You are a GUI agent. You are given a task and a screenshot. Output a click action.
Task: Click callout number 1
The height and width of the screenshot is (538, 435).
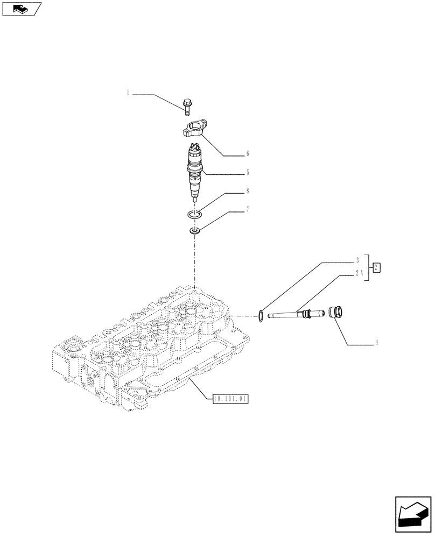pyautogui.click(x=128, y=93)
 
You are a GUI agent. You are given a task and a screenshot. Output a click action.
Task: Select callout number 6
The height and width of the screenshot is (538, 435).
pyautogui.click(x=247, y=154)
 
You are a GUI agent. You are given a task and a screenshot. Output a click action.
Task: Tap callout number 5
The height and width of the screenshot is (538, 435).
pyautogui.click(x=247, y=173)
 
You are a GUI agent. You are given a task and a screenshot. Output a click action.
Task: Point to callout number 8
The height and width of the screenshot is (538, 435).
pyautogui.click(x=247, y=191)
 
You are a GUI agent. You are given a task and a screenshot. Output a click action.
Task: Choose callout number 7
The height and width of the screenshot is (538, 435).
pyautogui.click(x=247, y=209)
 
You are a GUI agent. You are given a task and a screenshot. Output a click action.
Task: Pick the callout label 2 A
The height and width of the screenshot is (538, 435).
pyautogui.click(x=358, y=273)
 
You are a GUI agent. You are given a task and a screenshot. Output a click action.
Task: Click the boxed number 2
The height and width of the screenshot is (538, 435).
pyautogui.click(x=377, y=267)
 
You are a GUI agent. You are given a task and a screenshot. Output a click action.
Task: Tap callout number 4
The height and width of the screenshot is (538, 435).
pyautogui.click(x=376, y=342)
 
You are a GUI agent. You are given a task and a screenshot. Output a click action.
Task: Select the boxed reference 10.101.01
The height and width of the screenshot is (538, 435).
pyautogui.click(x=230, y=399)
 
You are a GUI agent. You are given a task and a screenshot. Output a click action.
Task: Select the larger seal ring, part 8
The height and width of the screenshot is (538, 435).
pyautogui.click(x=195, y=215)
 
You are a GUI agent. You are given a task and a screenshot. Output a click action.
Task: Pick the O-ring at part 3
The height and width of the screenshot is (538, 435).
pyautogui.click(x=261, y=316)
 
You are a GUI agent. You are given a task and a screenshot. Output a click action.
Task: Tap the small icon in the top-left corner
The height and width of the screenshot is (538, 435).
pyautogui.click(x=22, y=9)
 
